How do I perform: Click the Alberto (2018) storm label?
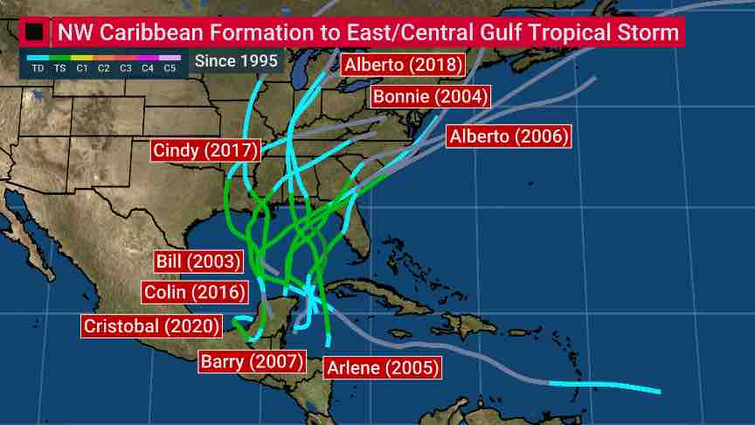(403, 65)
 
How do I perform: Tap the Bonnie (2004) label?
(430, 96)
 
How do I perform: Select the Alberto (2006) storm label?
(509, 136)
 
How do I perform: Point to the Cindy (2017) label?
(205, 150)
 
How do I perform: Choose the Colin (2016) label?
(194, 292)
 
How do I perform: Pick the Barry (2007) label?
(252, 360)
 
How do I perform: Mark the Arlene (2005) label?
(382, 367)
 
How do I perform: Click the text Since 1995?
(236, 61)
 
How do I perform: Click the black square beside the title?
(34, 32)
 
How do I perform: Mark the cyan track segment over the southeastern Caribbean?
(603, 386)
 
